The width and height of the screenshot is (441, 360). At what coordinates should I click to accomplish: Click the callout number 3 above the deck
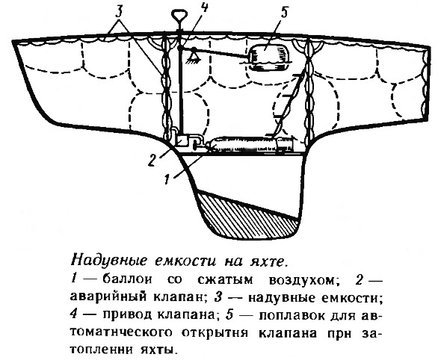[x=120, y=13]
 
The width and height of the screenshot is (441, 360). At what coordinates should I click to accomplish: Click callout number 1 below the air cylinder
[x=167, y=179]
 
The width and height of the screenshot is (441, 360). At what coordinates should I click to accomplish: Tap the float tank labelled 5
[x=268, y=57]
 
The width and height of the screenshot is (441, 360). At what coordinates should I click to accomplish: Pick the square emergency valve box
[x=182, y=140]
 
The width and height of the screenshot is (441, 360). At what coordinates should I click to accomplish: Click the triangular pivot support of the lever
[x=194, y=55]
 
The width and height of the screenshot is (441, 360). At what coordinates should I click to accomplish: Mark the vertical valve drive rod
[x=180, y=90]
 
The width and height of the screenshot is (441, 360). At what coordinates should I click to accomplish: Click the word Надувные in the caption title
[x=109, y=261]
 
